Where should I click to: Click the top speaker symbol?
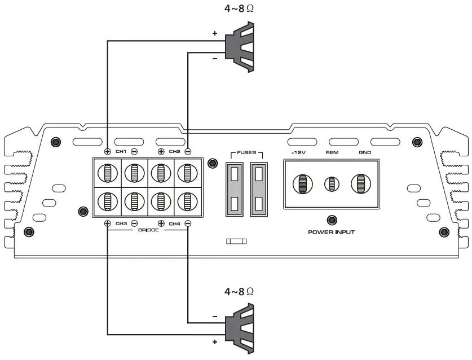pos(240,46)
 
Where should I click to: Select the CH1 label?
pos(121,151)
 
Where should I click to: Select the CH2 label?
pos(174,151)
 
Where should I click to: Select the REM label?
pos(332,152)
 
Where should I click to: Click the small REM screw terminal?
pos(332,184)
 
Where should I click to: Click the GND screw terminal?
pos(361,184)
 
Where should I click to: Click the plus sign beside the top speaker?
pos(214,34)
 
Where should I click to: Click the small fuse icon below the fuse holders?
pos(236,241)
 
